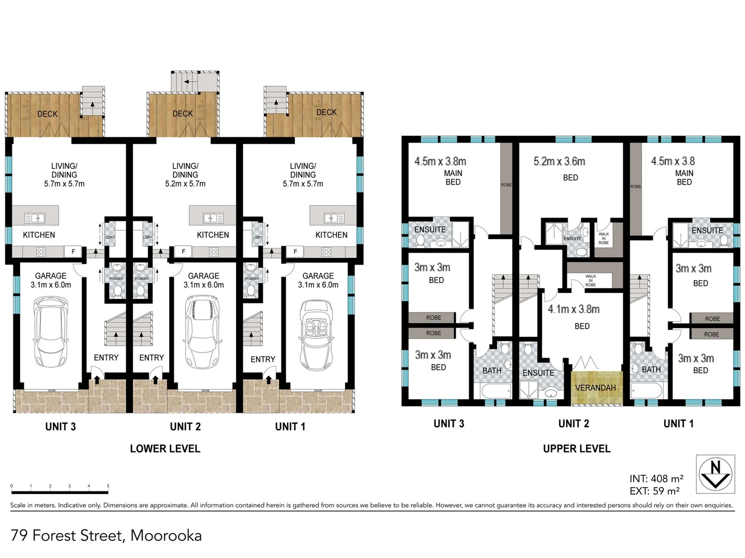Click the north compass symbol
click(715, 474)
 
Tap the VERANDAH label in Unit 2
click(595, 388)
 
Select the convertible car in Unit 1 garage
click(317, 335)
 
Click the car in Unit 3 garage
click(50, 331)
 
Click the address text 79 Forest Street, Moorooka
click(106, 535)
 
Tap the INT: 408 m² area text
click(656, 479)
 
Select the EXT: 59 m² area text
click(654, 491)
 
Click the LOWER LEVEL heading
click(165, 448)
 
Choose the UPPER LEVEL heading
click(576, 448)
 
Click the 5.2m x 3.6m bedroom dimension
click(559, 162)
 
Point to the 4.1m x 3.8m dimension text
click(574, 309)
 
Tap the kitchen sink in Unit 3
click(35, 218)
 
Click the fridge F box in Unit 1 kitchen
click(295, 252)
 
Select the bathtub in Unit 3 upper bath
click(496, 391)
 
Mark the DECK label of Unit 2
click(183, 114)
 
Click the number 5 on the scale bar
click(108, 486)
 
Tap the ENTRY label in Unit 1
click(263, 359)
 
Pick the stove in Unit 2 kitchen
click(214, 252)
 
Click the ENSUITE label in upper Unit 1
click(707, 230)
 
